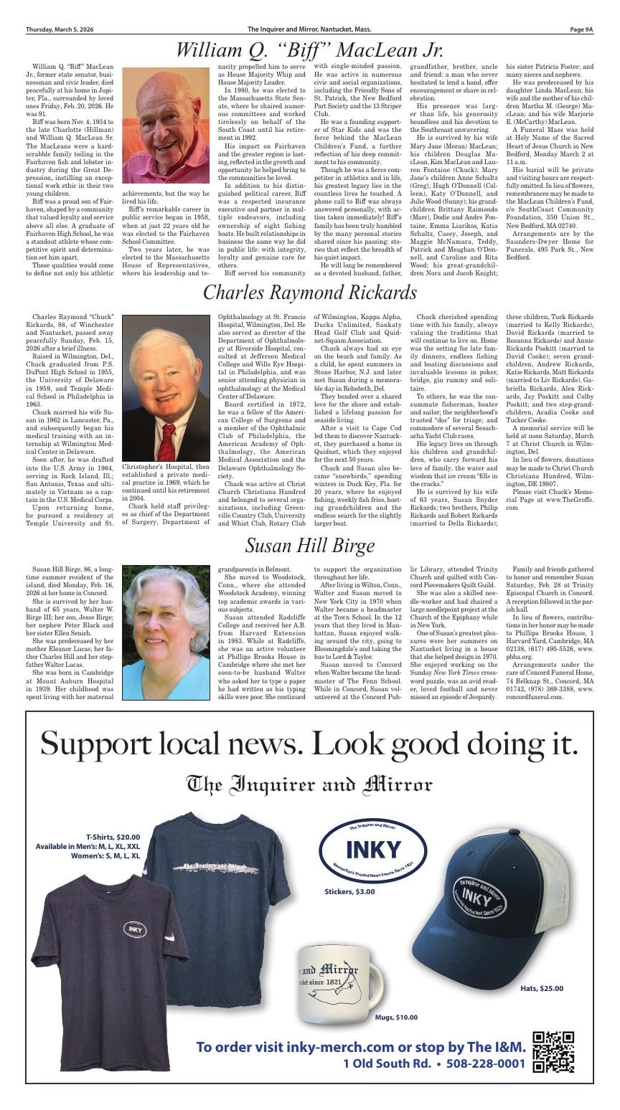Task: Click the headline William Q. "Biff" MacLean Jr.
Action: (x=310, y=50)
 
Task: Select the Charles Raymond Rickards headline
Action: (x=310, y=293)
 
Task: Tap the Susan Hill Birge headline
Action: (x=310, y=546)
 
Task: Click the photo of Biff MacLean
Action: (x=167, y=127)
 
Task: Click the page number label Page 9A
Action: (x=581, y=29)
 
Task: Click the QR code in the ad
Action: (x=553, y=1051)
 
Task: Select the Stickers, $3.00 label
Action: (x=349, y=891)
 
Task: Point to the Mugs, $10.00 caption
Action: (x=396, y=1017)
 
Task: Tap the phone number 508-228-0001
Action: (x=485, y=1063)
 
